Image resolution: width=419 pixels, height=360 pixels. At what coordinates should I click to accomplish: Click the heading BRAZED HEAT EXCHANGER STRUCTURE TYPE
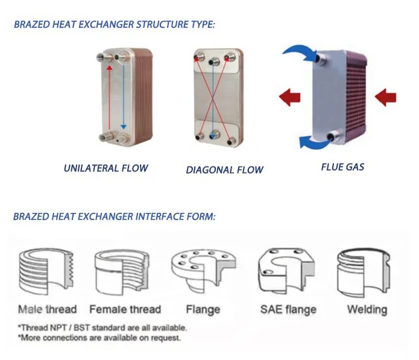click(114, 25)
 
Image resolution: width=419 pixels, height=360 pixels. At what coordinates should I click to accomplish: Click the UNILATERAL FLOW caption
click(106, 168)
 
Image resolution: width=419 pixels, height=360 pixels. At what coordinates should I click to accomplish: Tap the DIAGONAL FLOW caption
click(224, 169)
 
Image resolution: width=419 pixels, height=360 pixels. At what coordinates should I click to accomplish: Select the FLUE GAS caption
click(342, 166)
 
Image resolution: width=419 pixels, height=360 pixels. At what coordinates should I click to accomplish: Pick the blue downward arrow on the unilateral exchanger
click(124, 96)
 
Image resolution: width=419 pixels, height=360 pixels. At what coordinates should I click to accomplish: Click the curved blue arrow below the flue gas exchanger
click(312, 141)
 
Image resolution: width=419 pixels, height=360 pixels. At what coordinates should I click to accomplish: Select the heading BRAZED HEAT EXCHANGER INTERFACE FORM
click(114, 216)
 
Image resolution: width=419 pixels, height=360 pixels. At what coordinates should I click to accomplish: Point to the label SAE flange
click(288, 309)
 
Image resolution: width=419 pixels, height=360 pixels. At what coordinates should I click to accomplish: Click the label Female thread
click(125, 309)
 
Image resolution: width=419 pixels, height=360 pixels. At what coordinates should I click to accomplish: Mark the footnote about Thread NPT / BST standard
click(102, 328)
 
